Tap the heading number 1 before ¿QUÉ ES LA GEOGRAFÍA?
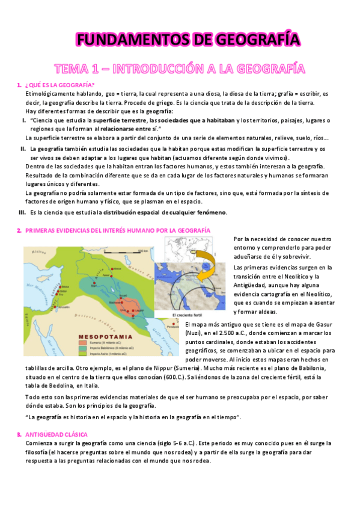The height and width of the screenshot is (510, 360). click(x=19, y=84)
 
